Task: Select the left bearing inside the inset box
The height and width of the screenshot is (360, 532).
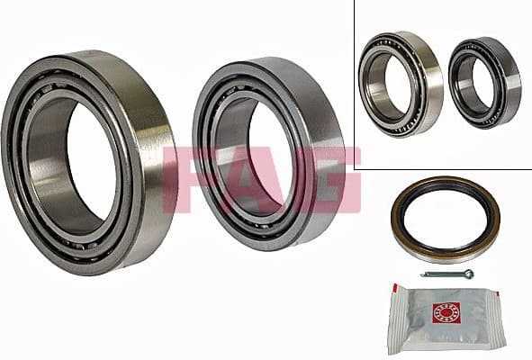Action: (401, 83)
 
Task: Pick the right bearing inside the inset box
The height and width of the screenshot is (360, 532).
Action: (484, 82)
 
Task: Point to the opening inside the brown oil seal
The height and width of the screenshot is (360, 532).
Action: (445, 220)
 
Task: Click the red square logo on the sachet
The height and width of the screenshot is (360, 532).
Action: (446, 312)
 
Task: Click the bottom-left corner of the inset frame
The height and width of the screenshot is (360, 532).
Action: (355, 169)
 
